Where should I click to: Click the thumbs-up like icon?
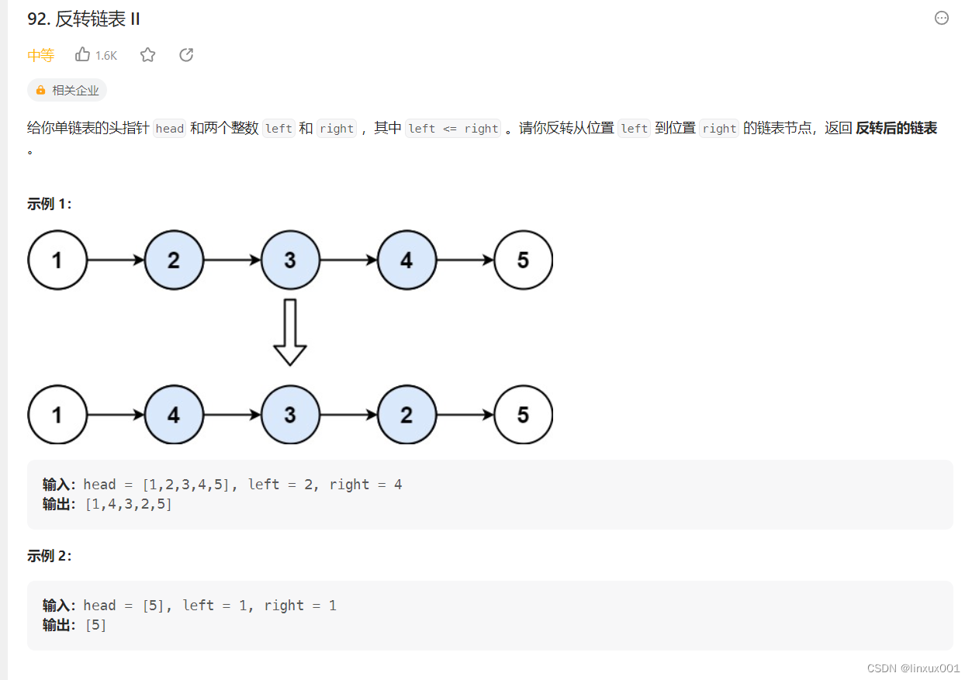pyautogui.click(x=83, y=54)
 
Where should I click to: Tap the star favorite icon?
pyautogui.click(x=147, y=54)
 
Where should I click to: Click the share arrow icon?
pyautogui.click(x=186, y=54)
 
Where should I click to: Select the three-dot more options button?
pyautogui.click(x=942, y=18)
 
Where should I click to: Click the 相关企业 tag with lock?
pyautogui.click(x=67, y=90)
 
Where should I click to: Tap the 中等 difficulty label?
pyautogui.click(x=40, y=55)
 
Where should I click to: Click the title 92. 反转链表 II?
pyautogui.click(x=84, y=19)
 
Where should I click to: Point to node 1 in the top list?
pyautogui.click(x=57, y=260)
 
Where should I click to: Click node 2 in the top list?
pyautogui.click(x=174, y=260)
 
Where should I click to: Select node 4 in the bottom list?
pyautogui.click(x=174, y=415)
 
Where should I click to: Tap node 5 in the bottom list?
pyautogui.click(x=523, y=415)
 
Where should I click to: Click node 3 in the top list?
pyautogui.click(x=290, y=260)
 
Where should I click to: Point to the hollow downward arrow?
pyautogui.click(x=290, y=332)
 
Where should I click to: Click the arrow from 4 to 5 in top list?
pyautogui.click(x=465, y=260)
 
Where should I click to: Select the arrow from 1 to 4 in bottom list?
pyautogui.click(x=116, y=415)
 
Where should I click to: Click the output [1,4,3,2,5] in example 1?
pyautogui.click(x=128, y=504)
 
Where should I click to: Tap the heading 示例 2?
pyautogui.click(x=49, y=556)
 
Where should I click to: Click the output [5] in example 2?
pyautogui.click(x=95, y=625)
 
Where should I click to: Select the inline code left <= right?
pyautogui.click(x=453, y=129)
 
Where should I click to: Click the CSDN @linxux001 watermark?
pyautogui.click(x=913, y=668)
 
